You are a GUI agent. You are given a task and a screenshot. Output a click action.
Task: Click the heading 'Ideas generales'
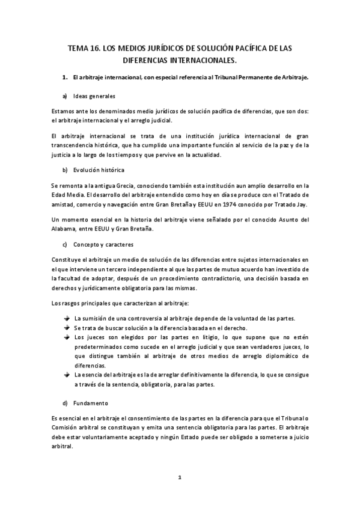(x=94, y=96)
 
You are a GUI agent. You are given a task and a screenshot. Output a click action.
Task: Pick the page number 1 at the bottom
(x=179, y=478)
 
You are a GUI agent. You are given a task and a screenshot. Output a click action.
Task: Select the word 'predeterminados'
(x=100, y=347)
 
